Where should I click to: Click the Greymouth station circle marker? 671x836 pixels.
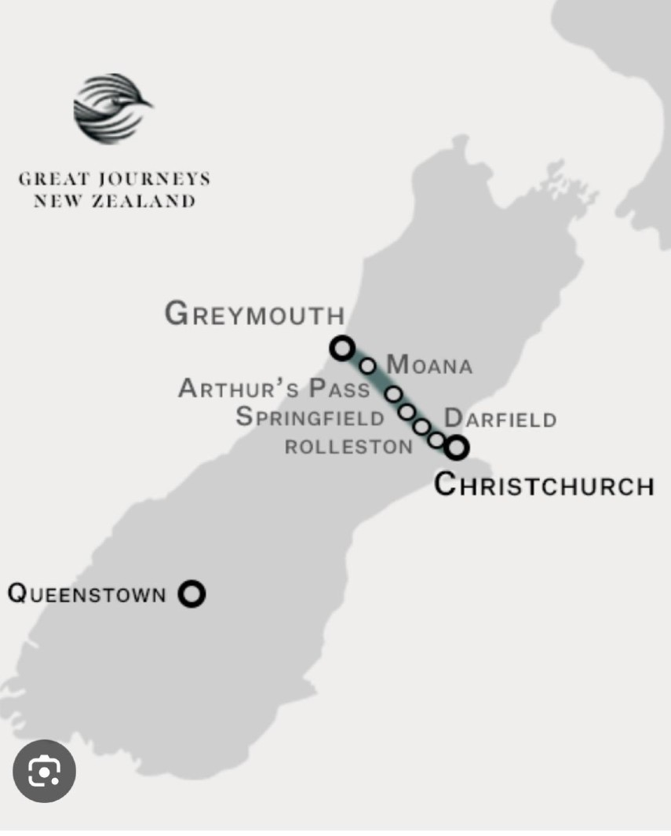point(341,348)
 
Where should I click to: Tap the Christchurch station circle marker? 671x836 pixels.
point(457,447)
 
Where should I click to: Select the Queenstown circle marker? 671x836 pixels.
point(191,593)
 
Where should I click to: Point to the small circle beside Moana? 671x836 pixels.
point(368,365)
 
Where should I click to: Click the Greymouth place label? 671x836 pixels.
point(255,314)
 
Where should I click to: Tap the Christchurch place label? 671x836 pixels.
point(544,484)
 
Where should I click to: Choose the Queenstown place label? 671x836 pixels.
point(86,593)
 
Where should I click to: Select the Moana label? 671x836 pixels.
point(429,365)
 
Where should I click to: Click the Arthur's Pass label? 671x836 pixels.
point(274,389)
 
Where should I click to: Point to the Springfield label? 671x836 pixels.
point(310,417)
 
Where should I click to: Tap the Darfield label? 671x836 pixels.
point(500,418)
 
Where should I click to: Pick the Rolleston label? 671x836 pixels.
point(348,447)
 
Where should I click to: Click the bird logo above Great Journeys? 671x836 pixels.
point(112,109)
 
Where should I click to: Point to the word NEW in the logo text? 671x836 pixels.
point(56,201)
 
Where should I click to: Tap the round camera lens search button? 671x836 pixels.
point(44,772)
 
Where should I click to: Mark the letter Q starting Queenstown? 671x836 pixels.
point(17,593)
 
